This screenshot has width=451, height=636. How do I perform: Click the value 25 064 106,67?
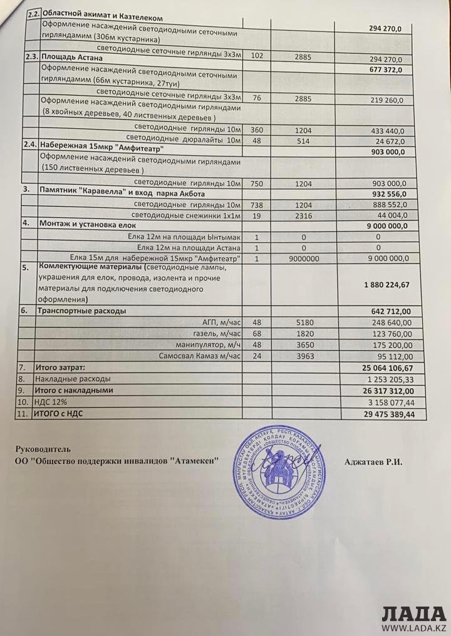[386, 367]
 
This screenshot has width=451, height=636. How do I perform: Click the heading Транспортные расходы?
[82, 310]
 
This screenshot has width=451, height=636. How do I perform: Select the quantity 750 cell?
[256, 183]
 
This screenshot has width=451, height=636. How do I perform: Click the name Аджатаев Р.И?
[373, 462]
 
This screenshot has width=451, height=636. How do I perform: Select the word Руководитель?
[43, 449]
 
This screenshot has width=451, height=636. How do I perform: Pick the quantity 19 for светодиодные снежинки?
[256, 215]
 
